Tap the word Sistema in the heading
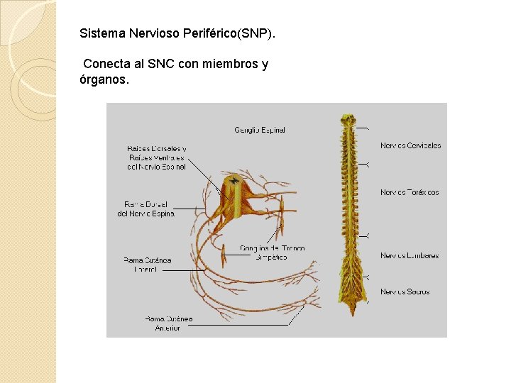101,33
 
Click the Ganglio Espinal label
260,131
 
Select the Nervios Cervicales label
410,145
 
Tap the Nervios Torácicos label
410,192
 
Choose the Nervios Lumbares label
410,255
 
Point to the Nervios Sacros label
405,292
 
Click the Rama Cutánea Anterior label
168,323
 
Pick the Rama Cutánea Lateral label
147,265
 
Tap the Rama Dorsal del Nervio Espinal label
146,209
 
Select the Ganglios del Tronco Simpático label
273,252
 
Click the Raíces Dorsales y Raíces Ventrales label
156,157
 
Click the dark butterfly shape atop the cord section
233,181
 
